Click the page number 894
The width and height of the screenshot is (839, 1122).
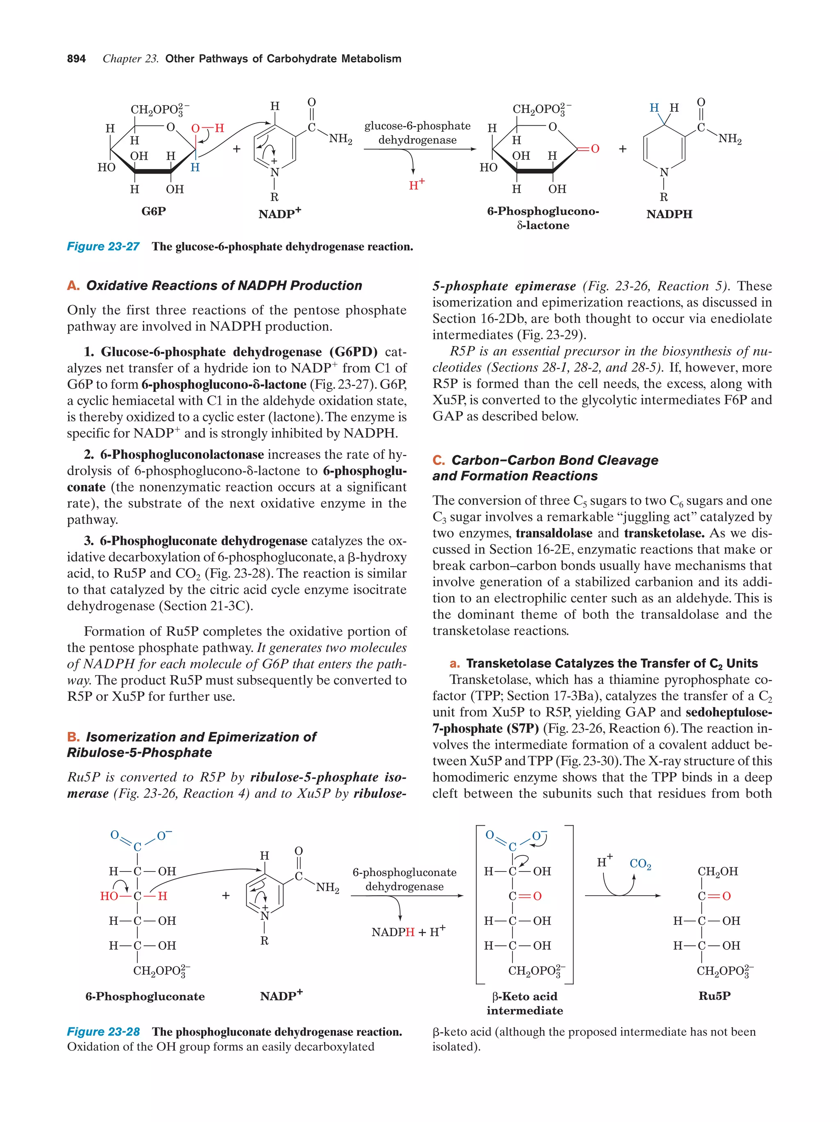76,59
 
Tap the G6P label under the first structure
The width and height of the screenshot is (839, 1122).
153,211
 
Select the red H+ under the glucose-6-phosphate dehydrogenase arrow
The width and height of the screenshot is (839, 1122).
417,185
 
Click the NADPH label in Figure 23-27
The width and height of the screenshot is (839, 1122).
669,214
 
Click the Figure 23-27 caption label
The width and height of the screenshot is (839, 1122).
103,246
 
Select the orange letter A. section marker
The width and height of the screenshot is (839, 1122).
73,286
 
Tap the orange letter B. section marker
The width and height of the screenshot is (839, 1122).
73,737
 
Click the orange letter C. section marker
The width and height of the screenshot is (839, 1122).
438,461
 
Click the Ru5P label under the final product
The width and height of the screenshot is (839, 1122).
714,996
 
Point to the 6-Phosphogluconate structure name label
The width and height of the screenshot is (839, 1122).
145,996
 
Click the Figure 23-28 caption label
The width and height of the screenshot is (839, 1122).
103,1032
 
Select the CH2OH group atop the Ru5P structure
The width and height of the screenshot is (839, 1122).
717,871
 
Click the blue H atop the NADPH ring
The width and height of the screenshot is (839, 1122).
654,108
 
